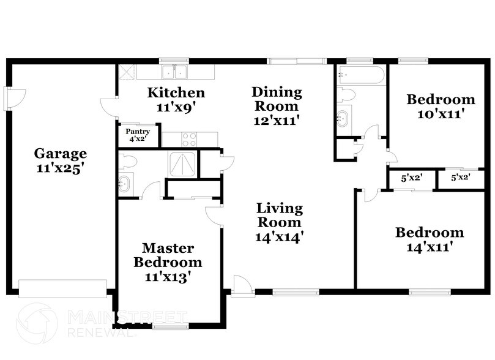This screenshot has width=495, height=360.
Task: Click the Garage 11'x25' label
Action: coord(60,160)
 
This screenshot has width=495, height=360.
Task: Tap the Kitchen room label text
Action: coord(176,99)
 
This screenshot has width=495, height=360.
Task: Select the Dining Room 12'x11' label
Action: coord(277,105)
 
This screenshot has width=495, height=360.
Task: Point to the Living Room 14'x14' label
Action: coord(280,222)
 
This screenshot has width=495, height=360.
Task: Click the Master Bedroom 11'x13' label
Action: coord(168,262)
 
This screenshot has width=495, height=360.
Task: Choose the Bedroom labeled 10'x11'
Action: coord(441,106)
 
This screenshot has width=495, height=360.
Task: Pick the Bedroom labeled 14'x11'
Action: coord(429,239)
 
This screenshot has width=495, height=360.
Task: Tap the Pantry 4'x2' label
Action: coord(138,135)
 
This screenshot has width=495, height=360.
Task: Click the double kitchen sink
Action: coord(175,72)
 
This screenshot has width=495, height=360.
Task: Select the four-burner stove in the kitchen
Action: coord(190,140)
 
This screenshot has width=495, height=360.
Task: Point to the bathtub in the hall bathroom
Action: coord(360,76)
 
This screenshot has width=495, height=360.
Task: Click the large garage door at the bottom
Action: coord(62,288)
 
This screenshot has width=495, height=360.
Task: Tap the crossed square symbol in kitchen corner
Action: coord(127,72)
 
